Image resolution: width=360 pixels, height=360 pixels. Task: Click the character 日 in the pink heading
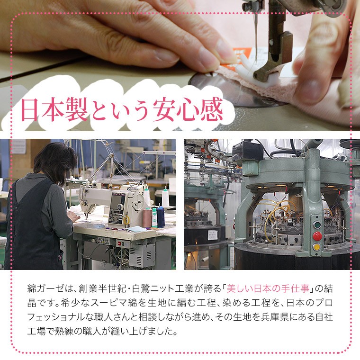click(29, 109)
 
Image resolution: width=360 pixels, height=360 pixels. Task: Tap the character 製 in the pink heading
click(76, 109)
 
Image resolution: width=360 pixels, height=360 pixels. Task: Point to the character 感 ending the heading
click(211, 109)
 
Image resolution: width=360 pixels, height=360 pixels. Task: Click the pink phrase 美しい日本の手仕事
click(268, 288)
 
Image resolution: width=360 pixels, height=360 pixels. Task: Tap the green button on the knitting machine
click(317, 225)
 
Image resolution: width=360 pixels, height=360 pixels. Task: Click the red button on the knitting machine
click(317, 236)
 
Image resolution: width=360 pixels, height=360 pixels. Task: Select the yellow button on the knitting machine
click(317, 247)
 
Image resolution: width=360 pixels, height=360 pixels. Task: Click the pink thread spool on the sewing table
click(147, 217)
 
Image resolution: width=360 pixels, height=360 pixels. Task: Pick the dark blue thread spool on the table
click(161, 216)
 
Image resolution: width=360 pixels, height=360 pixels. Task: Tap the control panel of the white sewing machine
click(117, 208)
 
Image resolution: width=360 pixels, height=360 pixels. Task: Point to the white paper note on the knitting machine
click(212, 235)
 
